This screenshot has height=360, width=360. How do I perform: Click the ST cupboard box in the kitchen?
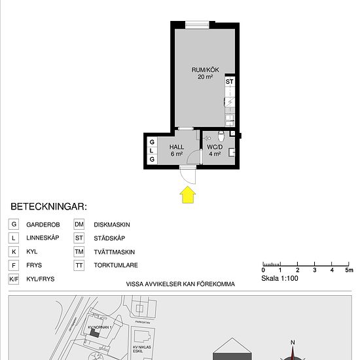click(229, 82)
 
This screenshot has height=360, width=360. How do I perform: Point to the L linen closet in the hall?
click(152, 150)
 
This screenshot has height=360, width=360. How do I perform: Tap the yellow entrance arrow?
click(187, 194)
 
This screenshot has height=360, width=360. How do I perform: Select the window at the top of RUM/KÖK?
click(196, 25)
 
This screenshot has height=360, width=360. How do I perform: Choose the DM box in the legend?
click(79, 224)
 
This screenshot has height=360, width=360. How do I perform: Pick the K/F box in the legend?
click(13, 279)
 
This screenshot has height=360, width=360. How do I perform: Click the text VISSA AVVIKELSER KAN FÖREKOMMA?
click(180, 285)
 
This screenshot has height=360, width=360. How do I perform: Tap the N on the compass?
click(293, 342)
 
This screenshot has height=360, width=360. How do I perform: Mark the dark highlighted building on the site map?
click(96, 333)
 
